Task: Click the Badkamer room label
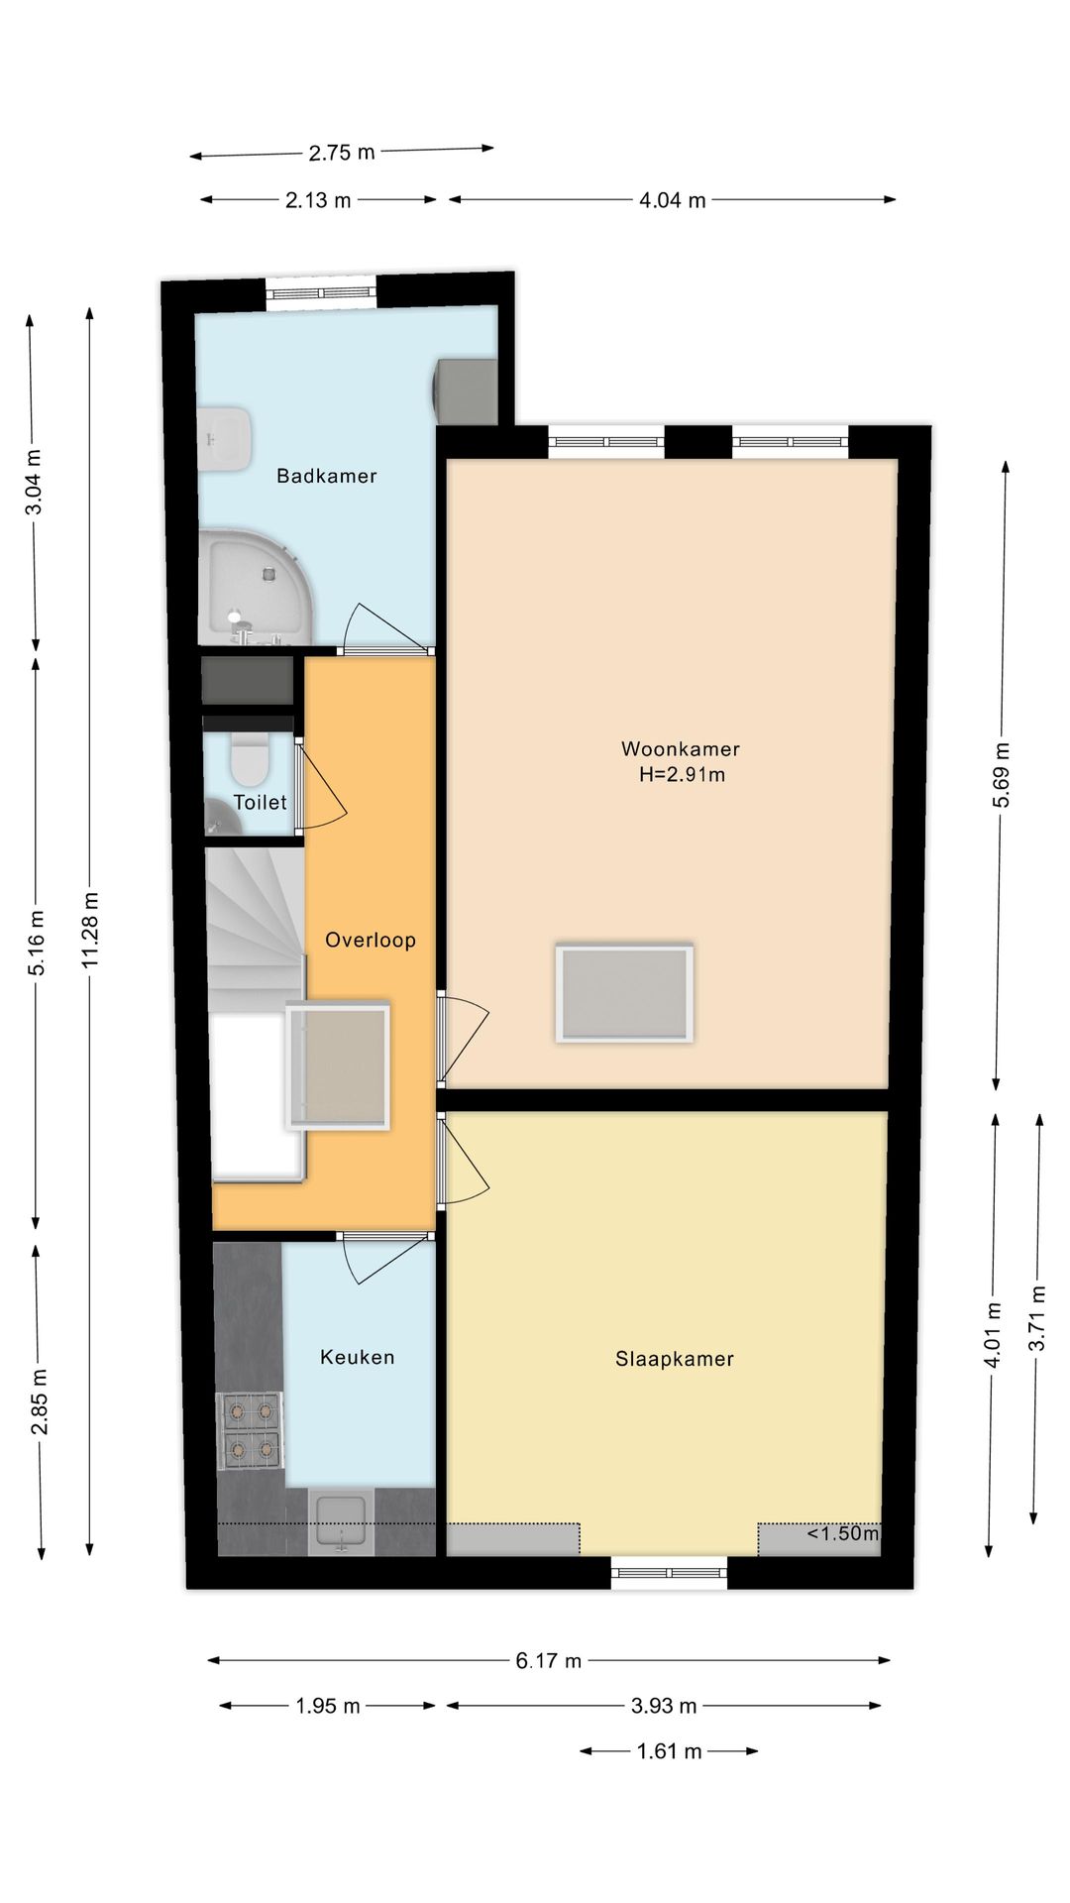pos(327,476)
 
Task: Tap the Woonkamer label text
pos(681,749)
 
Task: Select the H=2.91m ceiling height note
pos(682,775)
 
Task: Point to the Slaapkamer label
pos(675,1359)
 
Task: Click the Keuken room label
pos(358,1357)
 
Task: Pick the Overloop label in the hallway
pos(371,941)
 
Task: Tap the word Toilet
pos(260,802)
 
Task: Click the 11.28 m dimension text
pos(91,929)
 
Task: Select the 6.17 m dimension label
pos(548,1660)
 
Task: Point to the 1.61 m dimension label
pos(669,1751)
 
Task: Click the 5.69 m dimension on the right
pos(1002,774)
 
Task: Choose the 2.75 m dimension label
pos(342,153)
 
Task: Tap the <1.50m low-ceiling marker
pos(842,1533)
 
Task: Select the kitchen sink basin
pos(341,1521)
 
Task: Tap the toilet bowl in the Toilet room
pos(250,759)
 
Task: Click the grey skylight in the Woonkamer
pos(624,993)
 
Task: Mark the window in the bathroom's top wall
pos(321,292)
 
